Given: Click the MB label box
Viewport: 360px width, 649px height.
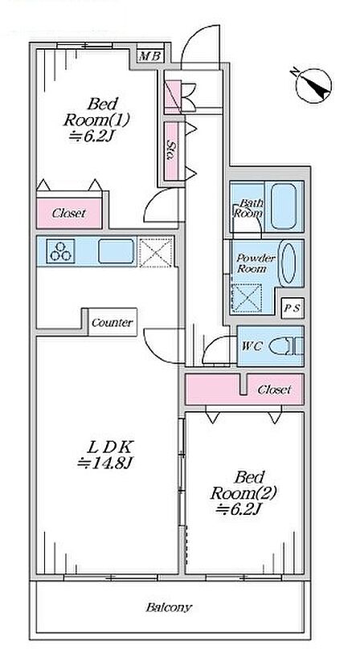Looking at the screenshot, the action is (x=150, y=55).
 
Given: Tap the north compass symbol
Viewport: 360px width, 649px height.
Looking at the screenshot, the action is (x=314, y=86).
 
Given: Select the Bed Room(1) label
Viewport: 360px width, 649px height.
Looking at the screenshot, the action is (x=96, y=112).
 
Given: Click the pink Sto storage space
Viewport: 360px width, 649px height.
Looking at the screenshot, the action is (x=171, y=151).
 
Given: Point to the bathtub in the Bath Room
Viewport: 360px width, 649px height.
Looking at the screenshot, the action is (x=284, y=206).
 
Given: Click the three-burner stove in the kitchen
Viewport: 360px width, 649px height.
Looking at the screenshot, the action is (x=60, y=251).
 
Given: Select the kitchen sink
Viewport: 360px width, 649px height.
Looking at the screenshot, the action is (x=116, y=251).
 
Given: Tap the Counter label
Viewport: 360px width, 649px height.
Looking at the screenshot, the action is (x=112, y=322).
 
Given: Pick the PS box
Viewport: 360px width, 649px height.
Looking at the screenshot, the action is (x=292, y=308).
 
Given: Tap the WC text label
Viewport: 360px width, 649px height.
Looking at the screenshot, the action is (x=252, y=346).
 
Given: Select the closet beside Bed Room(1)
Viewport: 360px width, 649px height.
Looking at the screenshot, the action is (x=69, y=213).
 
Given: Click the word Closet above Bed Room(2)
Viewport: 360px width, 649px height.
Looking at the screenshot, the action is (x=274, y=390).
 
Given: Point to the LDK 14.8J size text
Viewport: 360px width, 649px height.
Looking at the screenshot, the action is (x=104, y=463).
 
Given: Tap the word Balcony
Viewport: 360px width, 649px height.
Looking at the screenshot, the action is (x=169, y=607).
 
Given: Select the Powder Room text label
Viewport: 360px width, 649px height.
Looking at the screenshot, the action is (x=256, y=263).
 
